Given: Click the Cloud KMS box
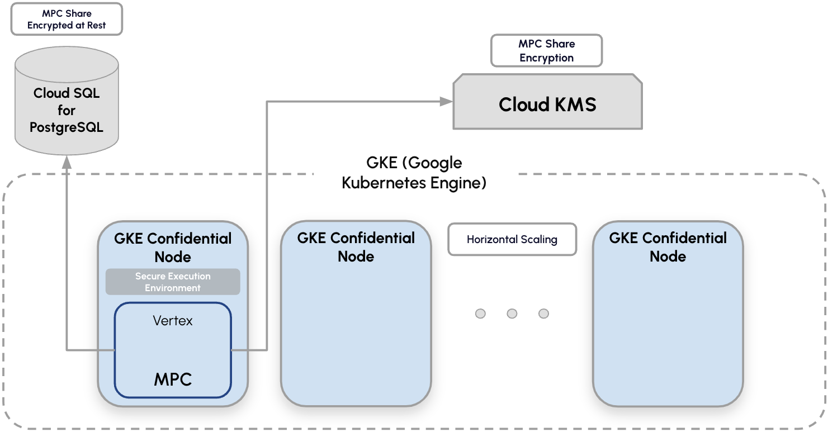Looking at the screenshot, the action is [547, 102].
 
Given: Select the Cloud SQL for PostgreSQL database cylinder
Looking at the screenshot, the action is [67, 101].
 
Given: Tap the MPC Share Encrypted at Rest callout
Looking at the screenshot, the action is [67, 19].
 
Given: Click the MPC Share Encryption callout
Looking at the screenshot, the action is [546, 51].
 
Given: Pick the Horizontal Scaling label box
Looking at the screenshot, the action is [512, 239].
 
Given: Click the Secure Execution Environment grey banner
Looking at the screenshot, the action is [173, 282].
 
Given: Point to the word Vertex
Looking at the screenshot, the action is [173, 320].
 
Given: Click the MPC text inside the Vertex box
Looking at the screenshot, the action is [173, 379].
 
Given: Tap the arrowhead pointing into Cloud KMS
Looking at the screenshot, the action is [446, 101].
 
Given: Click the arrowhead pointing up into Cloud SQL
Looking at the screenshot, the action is [67, 162].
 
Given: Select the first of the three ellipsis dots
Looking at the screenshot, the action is [480, 314].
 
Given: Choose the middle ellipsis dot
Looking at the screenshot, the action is [512, 314].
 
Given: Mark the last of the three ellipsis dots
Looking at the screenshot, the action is [543, 314].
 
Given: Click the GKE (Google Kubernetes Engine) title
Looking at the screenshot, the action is [414, 173].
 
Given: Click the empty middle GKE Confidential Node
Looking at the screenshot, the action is [356, 314].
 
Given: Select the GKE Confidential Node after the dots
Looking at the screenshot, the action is [668, 314].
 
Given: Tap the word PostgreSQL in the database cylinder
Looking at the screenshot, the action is [67, 127].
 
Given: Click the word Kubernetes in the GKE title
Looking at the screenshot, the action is [383, 183].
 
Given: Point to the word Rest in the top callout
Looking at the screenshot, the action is [96, 25].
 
